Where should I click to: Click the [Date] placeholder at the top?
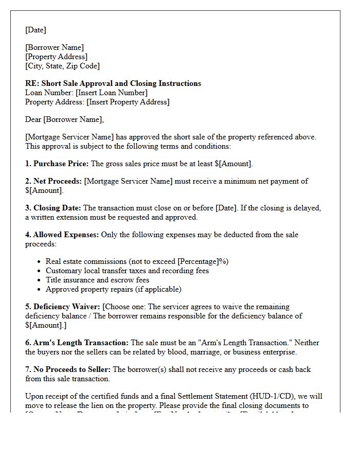click(35, 30)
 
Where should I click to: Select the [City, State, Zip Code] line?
click(62, 66)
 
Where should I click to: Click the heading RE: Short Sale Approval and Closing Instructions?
click(113, 83)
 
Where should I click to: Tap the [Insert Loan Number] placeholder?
click(111, 93)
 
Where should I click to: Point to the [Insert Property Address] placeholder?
click(128, 102)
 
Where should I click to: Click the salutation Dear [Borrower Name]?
click(64, 119)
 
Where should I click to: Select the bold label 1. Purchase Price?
click(57, 164)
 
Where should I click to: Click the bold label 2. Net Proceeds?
click(53, 181)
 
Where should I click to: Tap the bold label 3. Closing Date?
click(53, 208)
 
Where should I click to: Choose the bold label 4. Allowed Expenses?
click(62, 235)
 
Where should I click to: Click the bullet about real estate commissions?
click(137, 261)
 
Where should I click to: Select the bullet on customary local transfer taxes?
click(127, 271)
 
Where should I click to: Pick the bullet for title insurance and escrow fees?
click(97, 280)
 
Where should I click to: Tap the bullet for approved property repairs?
click(113, 289)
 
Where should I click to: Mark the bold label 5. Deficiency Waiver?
click(63, 307)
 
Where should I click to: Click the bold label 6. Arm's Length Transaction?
click(77, 343)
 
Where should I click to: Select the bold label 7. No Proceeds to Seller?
click(68, 369)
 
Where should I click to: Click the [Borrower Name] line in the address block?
click(55, 47)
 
